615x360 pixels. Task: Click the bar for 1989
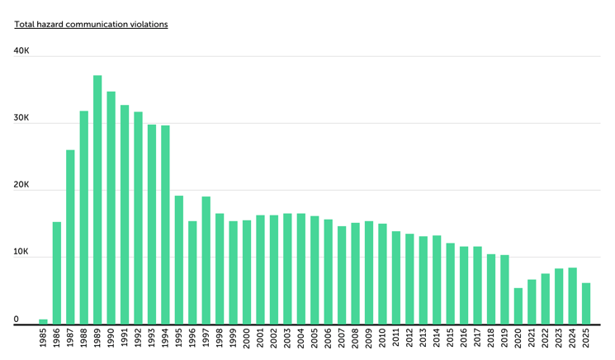97,200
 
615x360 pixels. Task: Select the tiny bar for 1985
43,321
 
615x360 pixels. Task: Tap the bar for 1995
178,259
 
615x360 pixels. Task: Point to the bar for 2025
585,303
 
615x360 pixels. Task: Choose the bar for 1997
206,260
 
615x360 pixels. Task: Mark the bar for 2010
382,273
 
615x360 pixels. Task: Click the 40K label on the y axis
21,51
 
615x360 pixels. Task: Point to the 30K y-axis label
21,118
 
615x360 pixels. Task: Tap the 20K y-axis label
21,185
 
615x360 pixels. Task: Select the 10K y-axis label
21,252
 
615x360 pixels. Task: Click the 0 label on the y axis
16,319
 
